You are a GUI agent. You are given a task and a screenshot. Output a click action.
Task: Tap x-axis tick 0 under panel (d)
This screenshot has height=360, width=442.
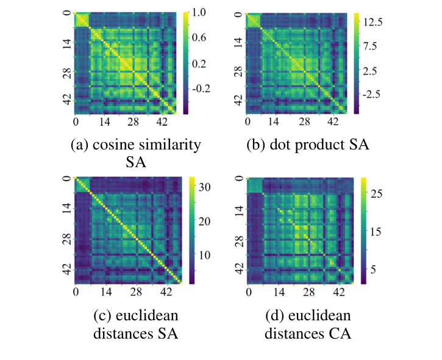[x=248, y=292]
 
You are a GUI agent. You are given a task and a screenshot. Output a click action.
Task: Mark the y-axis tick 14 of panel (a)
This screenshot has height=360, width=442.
[x=66, y=45]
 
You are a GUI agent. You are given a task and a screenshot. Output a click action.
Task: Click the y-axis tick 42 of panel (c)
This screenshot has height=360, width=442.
[x=66, y=267]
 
